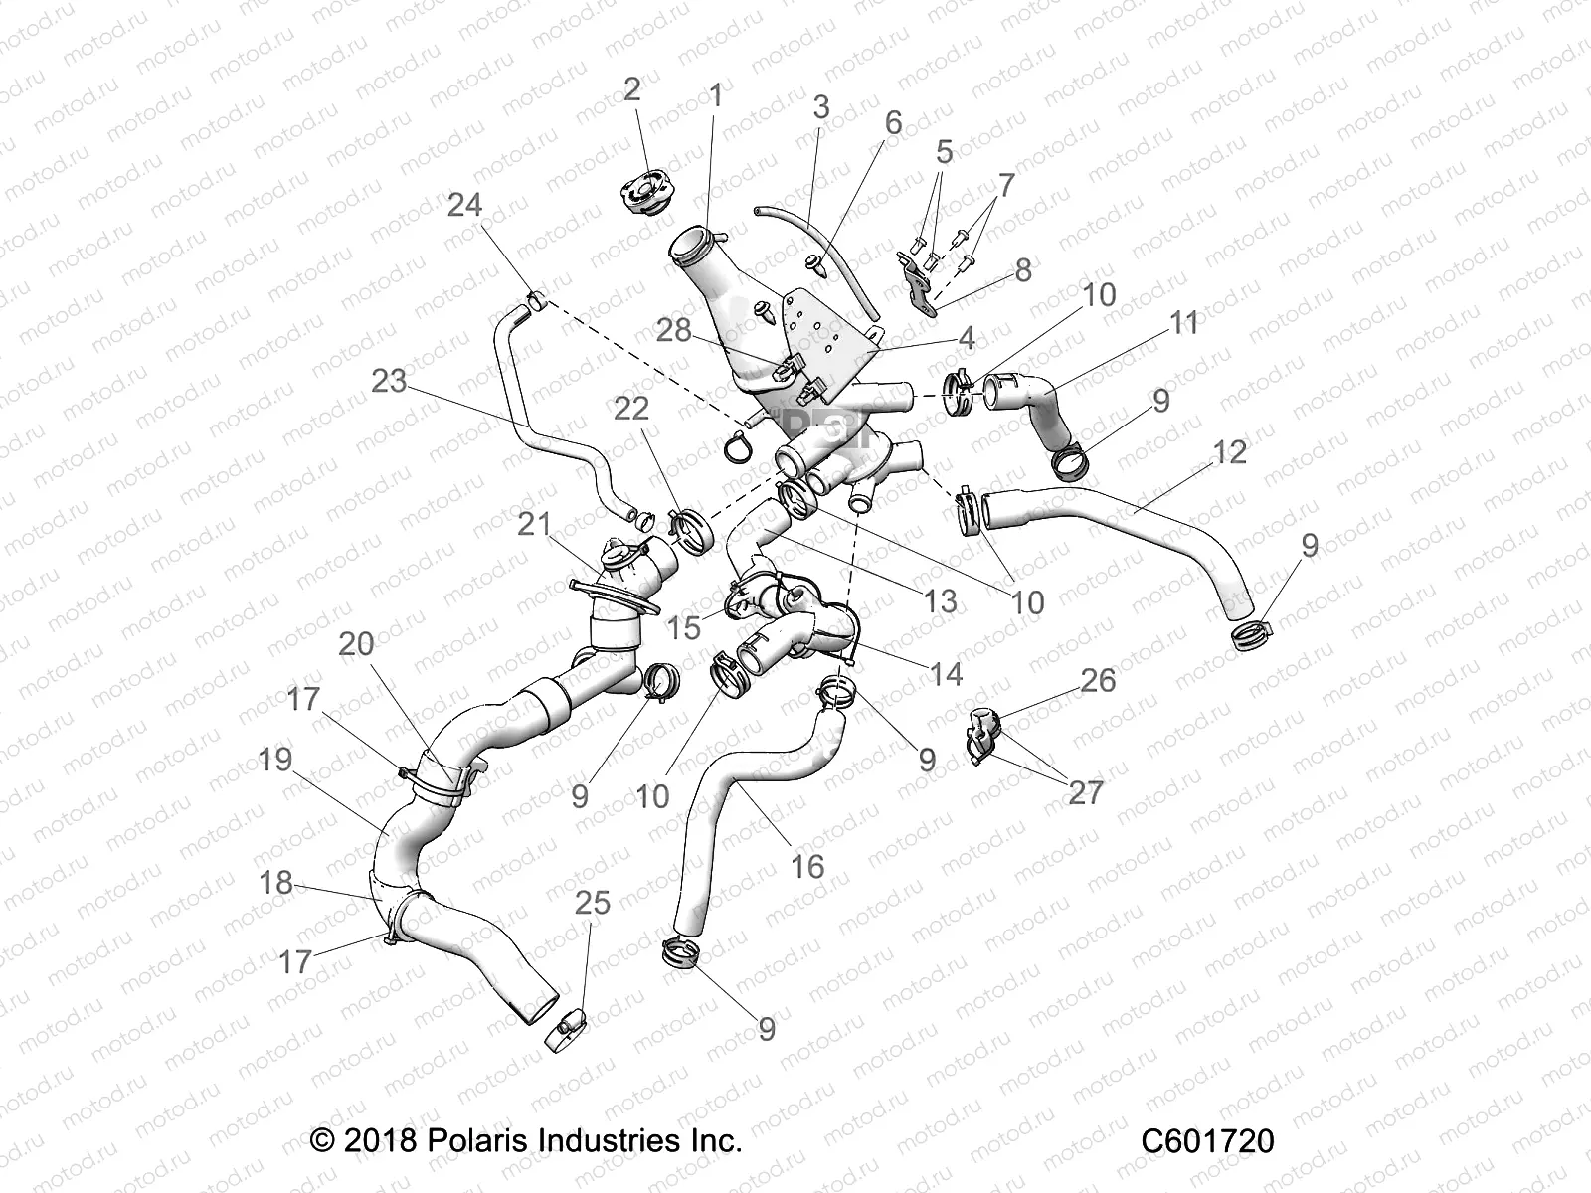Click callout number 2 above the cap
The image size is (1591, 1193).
[x=632, y=89]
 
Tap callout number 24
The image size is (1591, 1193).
[x=464, y=205]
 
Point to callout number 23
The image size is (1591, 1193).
[x=389, y=380]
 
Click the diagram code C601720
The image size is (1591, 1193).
[x=1207, y=1141]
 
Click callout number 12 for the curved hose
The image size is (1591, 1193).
[x=1229, y=452]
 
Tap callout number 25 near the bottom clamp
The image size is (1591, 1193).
[x=593, y=904]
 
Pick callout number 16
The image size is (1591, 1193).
[x=807, y=867]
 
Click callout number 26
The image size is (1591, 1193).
[x=1098, y=681]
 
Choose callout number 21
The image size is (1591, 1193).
[x=534, y=523]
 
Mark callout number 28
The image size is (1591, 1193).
[x=674, y=330]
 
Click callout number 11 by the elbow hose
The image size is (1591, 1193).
[x=1183, y=323]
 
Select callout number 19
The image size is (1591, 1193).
[x=275, y=760]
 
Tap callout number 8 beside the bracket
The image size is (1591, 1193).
[x=1022, y=269]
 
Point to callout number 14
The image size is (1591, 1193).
[x=946, y=674]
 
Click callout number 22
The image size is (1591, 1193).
[x=631, y=409]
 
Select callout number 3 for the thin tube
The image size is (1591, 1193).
[x=820, y=107]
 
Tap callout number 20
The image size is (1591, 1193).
[x=356, y=644]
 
